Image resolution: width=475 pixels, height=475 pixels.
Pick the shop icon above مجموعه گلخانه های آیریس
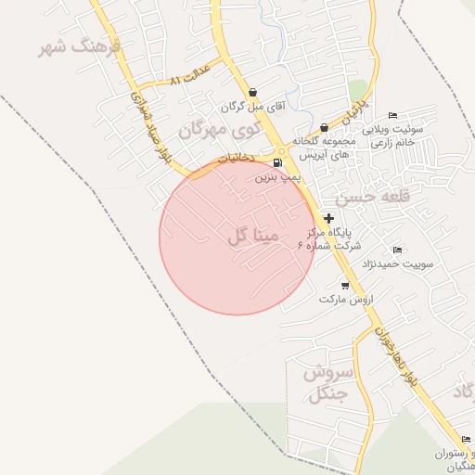pos(324,127)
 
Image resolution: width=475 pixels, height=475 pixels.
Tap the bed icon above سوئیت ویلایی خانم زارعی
pos(392,116)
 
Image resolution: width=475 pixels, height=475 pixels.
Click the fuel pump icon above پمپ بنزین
pos(276,162)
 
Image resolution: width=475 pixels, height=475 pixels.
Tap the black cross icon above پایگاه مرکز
pos(329,218)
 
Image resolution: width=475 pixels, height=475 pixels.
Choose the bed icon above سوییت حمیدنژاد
pos(398,250)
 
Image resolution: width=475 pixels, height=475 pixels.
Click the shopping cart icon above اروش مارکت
pos(345,286)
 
